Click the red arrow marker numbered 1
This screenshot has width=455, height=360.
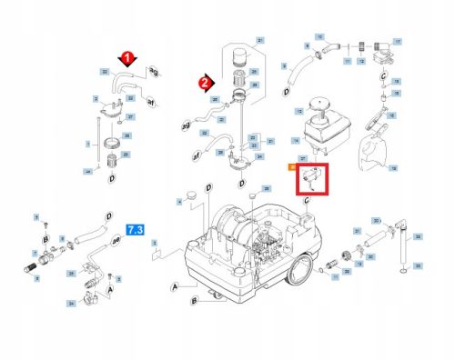click(x=128, y=57)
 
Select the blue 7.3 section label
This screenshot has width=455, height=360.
click(x=136, y=230)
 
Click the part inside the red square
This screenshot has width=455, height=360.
click(x=312, y=178)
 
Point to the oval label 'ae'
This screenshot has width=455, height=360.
click(x=116, y=244)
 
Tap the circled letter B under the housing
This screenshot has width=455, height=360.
click(x=194, y=301)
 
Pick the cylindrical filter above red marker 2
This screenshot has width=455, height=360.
click(x=241, y=57)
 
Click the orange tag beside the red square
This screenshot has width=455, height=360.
click(x=292, y=166)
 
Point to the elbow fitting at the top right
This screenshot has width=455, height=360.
click(x=386, y=45)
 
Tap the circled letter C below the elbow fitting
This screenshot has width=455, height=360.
click(x=385, y=75)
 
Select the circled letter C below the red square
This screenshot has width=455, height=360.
click(x=308, y=200)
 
